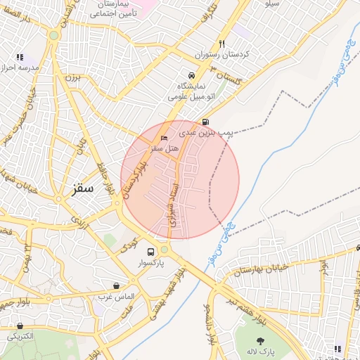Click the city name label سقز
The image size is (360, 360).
tap(83, 189)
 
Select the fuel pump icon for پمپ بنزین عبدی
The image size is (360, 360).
tap(205, 121)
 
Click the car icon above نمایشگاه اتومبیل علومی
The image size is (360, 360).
tap(191, 75)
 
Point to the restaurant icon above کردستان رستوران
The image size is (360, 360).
tap(222, 43)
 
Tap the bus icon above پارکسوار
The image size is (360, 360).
tap(150, 252)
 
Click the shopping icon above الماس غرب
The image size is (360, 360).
tap(116, 285)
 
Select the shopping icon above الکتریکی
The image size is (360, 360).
tap(20, 326)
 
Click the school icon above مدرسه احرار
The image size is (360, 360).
tap(20, 57)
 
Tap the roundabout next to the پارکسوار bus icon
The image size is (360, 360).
tap(165, 249)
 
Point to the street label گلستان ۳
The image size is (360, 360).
tap(224, 75)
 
